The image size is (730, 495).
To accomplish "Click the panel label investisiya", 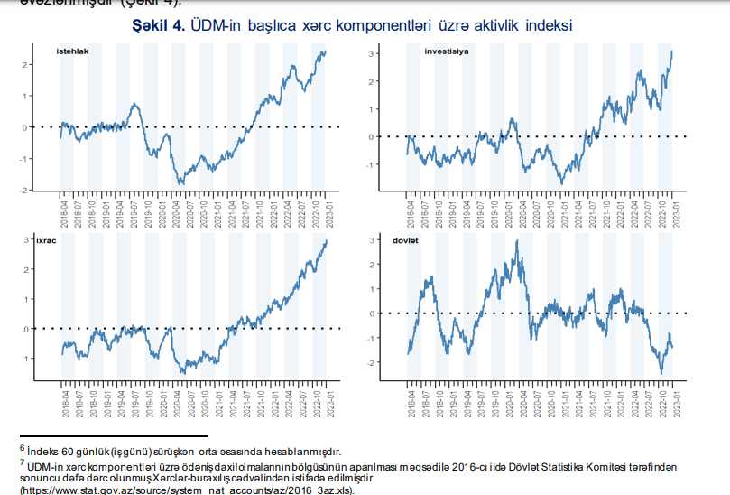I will pyautogui.click(x=447, y=51).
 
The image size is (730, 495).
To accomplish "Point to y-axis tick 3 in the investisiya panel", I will pyautogui.click(x=371, y=54).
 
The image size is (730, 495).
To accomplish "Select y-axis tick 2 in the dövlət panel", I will pyautogui.click(x=371, y=265).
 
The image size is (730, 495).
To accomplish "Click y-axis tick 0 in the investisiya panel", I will pyautogui.click(x=371, y=137).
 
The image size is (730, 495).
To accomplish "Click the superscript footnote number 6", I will pyautogui.click(x=22, y=446).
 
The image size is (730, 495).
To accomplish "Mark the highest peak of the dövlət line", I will pyautogui.click(x=516, y=241).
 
